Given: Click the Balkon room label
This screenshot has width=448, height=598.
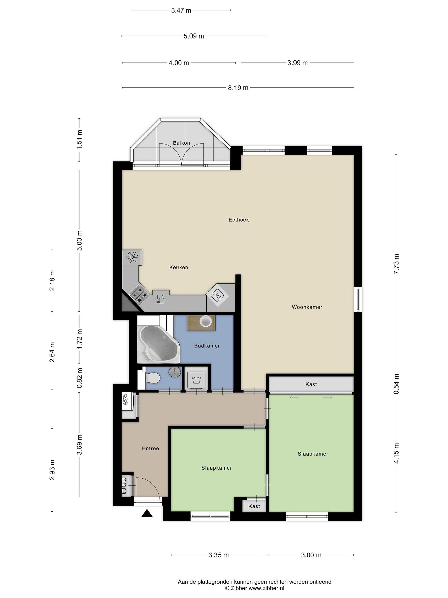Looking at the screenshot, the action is (181, 143).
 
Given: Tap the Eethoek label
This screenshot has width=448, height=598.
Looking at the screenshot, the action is (239, 220).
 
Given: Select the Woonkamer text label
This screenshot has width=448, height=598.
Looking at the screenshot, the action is (307, 307).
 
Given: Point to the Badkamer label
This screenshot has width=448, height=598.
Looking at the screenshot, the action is (207, 346).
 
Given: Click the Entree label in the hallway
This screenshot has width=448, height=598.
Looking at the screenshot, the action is (150, 448).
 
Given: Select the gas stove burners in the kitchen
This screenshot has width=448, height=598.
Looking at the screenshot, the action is (139, 294).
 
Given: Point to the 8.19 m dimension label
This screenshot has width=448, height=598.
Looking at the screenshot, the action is (238, 88).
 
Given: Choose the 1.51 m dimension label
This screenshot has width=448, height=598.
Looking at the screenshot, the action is (79, 140).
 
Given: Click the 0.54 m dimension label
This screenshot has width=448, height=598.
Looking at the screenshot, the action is (396, 384).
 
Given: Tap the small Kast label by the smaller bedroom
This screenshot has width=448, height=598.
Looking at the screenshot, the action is (254, 506).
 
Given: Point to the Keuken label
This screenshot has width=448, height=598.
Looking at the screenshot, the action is (179, 267).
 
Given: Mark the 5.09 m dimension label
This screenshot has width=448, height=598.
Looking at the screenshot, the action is (194, 36).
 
